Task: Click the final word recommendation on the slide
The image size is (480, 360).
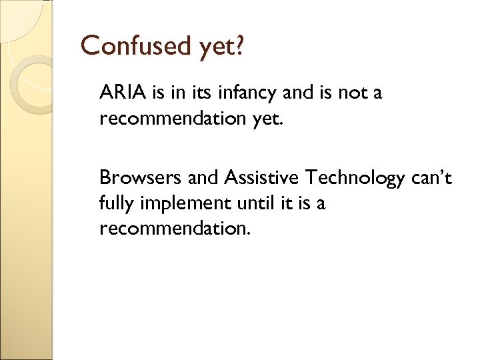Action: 175,229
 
